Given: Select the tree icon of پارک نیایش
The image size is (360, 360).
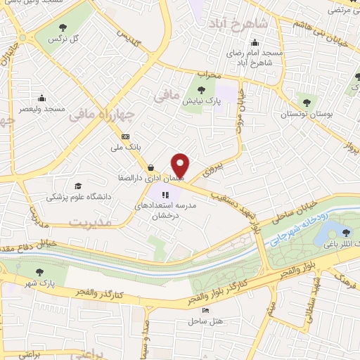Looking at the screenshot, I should pyautogui.click(x=202, y=89).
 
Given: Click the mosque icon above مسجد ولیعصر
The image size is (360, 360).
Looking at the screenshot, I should pyautogui.click(x=43, y=98).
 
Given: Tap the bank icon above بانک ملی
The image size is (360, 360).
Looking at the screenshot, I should pyautogui.click(x=126, y=136).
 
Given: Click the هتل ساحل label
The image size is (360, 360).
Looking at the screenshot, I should pyautogui.click(x=205, y=321).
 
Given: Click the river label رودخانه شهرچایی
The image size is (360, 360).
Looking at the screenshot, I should pyautogui.click(x=297, y=228).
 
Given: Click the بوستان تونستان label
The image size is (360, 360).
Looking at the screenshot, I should pyautogui.click(x=304, y=112).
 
